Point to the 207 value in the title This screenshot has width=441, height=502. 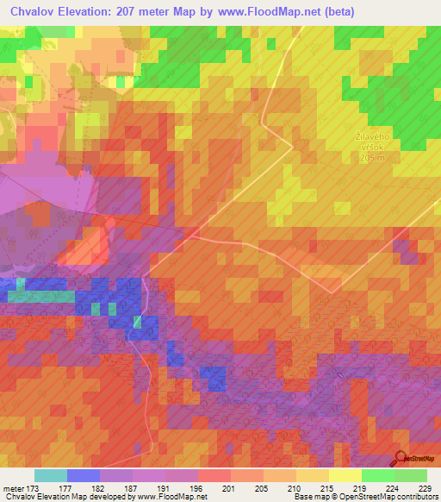pyautogui.click(x=149, y=11)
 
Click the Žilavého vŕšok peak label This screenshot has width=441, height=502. pyautogui.click(x=372, y=141)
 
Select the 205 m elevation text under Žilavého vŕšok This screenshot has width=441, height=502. pyautogui.click(x=372, y=160)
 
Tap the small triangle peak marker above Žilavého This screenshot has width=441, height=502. pyautogui.click(x=372, y=128)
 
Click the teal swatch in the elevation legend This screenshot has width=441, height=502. pyautogui.click(x=50, y=475)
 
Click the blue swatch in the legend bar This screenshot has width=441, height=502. pyautogui.click(x=83, y=475)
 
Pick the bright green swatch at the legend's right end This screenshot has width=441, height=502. pyautogui.click(x=410, y=475)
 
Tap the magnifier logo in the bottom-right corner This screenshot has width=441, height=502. pyautogui.click(x=401, y=459)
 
